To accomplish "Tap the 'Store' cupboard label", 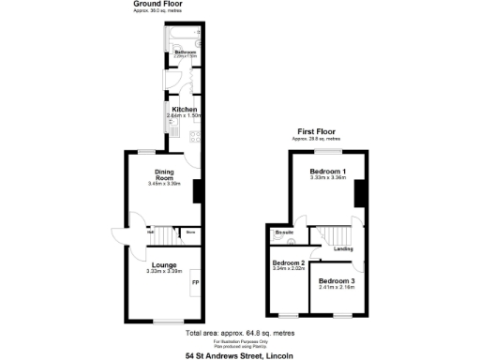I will (x=189, y=232).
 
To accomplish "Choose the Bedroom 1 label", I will (x=329, y=172).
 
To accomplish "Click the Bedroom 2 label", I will (x=288, y=263).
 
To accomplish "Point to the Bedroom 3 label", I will (x=336, y=281).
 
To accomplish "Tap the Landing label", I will (x=343, y=248).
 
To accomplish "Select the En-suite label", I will (x=284, y=232).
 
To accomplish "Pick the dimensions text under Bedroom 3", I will (x=336, y=288).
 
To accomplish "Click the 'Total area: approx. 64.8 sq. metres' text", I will (x=239, y=334).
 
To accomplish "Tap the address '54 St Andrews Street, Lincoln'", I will (x=239, y=355).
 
